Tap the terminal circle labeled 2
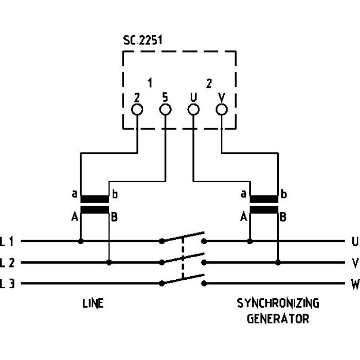[x=137, y=110]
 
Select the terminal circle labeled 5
[x=166, y=110]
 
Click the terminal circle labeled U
[x=193, y=110]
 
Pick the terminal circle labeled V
[x=222, y=110]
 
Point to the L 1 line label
[x=7, y=241]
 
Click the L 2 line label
[x=7, y=263]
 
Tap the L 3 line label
[x=7, y=283]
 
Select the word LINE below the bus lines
[x=93, y=303]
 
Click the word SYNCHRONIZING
[x=278, y=303]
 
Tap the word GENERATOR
[x=278, y=319]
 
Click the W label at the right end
[x=355, y=284]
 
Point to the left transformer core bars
[x=95, y=204]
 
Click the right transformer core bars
[x=264, y=204]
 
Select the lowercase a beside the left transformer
[x=75, y=195]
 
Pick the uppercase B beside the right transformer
[x=283, y=218]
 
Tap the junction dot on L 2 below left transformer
[x=109, y=262]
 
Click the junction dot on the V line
[x=278, y=262]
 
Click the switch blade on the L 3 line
[x=183, y=279]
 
